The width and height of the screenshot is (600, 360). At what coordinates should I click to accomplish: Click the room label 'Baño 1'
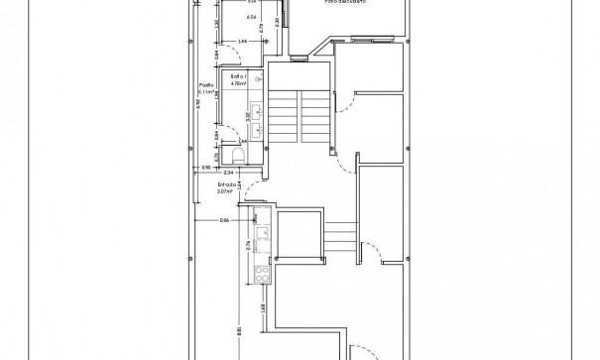point(237,76)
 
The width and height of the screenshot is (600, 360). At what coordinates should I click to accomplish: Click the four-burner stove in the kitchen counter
point(264,274)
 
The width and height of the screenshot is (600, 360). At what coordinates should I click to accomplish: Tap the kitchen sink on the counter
point(263,234)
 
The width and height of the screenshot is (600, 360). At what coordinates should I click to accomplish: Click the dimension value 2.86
point(225,221)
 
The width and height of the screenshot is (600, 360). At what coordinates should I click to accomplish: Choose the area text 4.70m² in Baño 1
point(237,84)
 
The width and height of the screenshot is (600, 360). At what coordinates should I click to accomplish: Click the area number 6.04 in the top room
point(224,18)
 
